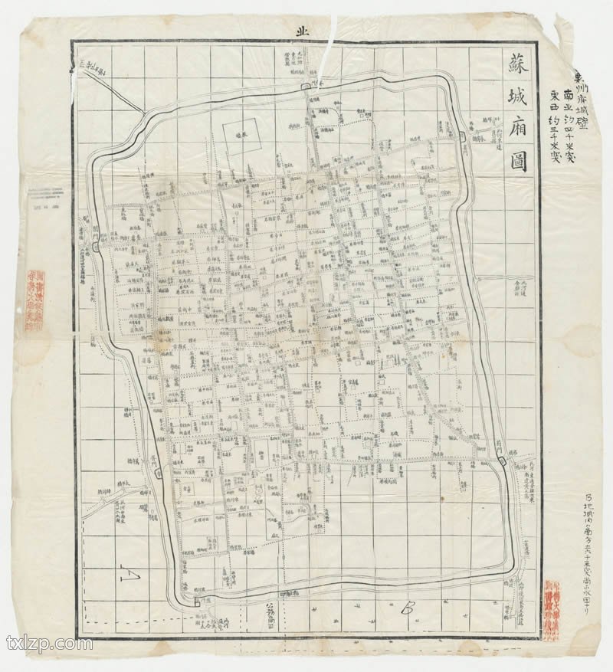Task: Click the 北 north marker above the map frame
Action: (301, 31)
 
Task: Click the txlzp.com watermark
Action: (48, 643)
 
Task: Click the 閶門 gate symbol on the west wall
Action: (95, 246)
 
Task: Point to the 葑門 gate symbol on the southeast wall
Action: (500, 460)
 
